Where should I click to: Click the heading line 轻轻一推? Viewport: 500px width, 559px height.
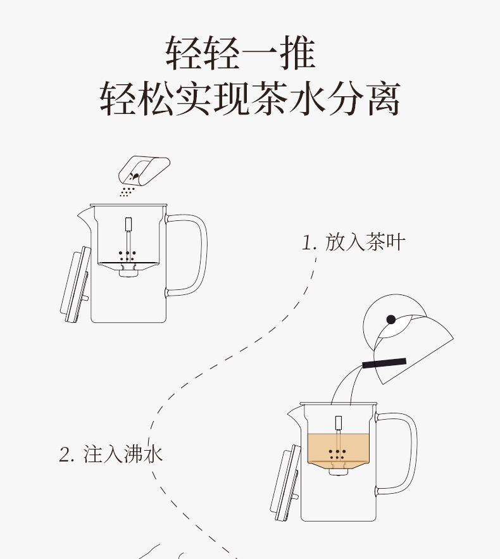pos(241,53)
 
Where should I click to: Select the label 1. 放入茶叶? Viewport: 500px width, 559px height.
pos(353,242)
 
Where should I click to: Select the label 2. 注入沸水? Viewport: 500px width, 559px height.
pos(111,454)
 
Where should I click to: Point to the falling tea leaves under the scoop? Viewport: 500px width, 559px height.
pos(127,190)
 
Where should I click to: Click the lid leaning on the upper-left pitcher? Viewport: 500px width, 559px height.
pos(73,286)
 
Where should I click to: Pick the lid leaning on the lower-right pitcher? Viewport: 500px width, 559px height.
pos(284,482)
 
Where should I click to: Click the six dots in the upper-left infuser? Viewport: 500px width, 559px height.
pos(128,256)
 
